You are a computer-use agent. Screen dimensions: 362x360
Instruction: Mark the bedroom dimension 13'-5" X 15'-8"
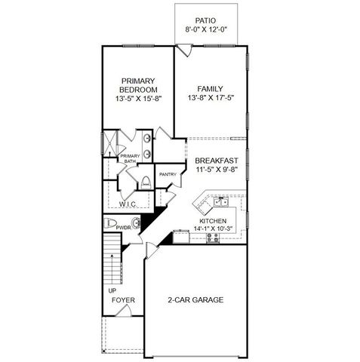tap(138, 99)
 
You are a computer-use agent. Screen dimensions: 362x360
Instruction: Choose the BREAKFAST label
tap(217, 161)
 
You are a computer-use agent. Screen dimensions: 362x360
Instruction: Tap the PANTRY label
tap(167, 175)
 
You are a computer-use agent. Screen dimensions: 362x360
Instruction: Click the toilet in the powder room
tap(111, 223)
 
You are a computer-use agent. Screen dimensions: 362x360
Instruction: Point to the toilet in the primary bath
tap(144, 181)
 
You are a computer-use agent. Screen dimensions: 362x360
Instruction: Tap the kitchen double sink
tap(221, 201)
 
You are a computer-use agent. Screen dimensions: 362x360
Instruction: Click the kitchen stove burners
tap(212, 237)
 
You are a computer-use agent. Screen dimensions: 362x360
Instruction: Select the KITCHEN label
tap(213, 220)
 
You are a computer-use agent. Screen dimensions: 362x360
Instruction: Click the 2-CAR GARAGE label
tap(195, 299)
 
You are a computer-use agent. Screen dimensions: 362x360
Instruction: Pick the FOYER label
tap(123, 300)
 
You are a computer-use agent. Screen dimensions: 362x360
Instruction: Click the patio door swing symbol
tap(183, 49)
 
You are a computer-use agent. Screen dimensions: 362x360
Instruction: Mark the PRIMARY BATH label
tap(130, 158)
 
